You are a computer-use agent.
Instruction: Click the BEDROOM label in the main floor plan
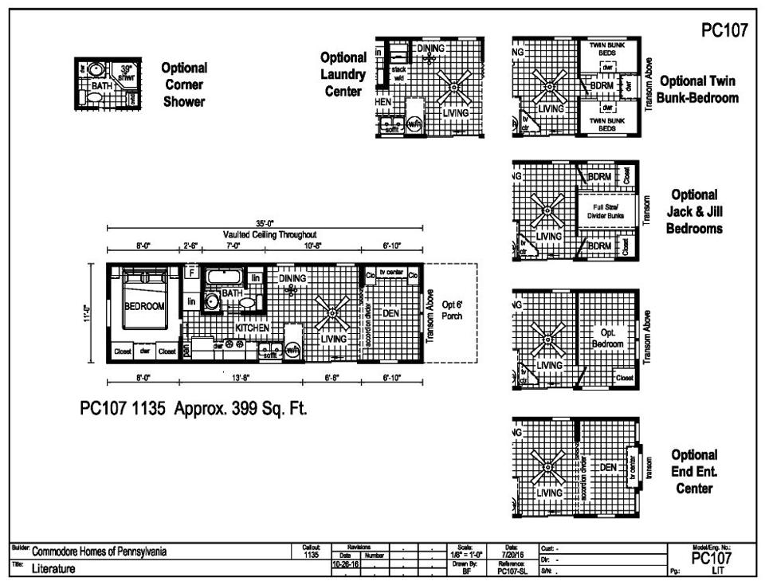[144, 306]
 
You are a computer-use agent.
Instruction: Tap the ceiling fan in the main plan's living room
[331, 315]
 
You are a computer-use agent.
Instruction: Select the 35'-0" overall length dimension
[264, 226]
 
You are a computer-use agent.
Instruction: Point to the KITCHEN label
[252, 328]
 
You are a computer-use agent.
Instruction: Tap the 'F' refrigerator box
[191, 272]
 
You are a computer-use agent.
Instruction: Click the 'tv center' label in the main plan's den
[391, 273]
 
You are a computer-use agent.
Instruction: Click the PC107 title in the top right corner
[724, 30]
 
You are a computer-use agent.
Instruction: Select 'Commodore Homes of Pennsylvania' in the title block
[100, 552]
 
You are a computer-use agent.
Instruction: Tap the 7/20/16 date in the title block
[511, 553]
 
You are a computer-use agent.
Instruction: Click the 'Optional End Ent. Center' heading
[694, 471]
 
